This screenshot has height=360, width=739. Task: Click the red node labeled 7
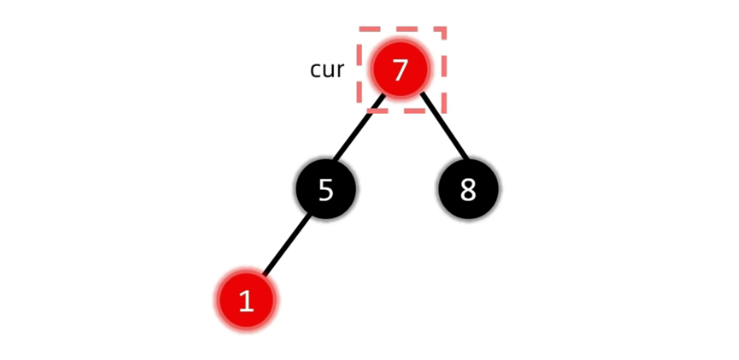pos(400,70)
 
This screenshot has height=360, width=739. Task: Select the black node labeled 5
pos(325,189)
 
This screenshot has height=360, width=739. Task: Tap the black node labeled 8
pos(468,189)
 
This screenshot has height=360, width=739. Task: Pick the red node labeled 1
pos(246,301)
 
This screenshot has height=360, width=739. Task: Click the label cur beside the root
pos(327,70)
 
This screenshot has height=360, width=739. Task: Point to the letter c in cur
pos(315,71)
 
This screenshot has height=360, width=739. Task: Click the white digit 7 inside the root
pos(400,70)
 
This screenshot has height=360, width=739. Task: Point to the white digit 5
pos(325,189)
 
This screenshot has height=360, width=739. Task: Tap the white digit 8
pos(468,189)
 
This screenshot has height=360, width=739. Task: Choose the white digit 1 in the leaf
pos(246,301)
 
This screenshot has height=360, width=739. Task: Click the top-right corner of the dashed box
pos(444,28)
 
